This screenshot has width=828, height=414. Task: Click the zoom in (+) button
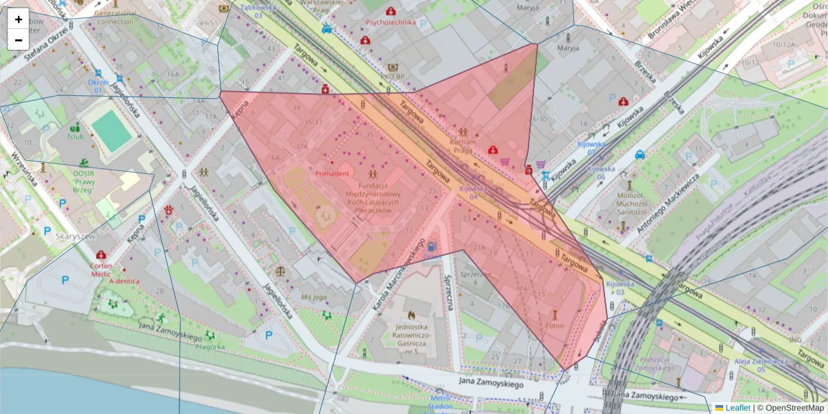click(19, 19)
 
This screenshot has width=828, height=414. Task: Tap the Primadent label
click(332, 174)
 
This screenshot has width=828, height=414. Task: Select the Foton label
click(554, 326)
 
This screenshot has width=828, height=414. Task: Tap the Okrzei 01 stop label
click(99, 86)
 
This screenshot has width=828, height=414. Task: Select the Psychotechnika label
click(391, 22)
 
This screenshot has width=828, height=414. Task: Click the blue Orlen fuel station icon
click(431, 245)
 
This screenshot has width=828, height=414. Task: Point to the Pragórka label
click(210, 346)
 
